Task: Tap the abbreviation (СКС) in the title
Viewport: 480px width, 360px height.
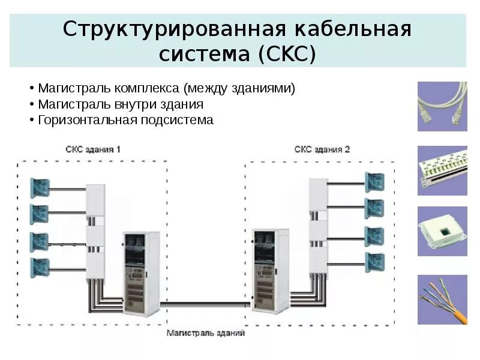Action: click(286, 54)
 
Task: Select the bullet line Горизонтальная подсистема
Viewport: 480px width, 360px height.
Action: click(125, 119)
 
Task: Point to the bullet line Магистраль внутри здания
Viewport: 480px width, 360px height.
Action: click(121, 104)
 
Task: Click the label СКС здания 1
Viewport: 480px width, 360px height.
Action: click(93, 149)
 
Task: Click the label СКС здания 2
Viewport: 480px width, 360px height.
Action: click(322, 149)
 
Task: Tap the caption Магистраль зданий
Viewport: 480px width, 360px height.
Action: click(205, 332)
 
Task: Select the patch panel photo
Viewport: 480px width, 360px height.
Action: click(442, 170)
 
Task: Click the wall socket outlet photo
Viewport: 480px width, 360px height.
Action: click(442, 232)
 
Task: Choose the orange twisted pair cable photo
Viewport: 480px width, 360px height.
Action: click(442, 300)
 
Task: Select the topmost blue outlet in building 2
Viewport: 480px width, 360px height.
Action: click(374, 181)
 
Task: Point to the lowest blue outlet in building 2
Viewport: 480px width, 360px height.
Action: click(374, 262)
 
